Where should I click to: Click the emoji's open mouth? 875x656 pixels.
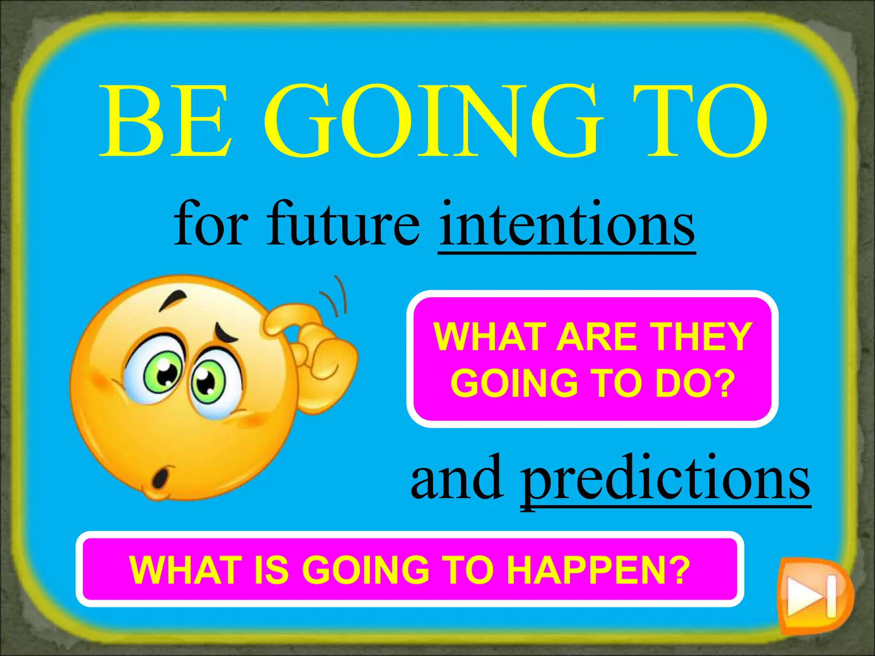(x=161, y=478)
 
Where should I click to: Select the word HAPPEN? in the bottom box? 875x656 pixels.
(x=598, y=570)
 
